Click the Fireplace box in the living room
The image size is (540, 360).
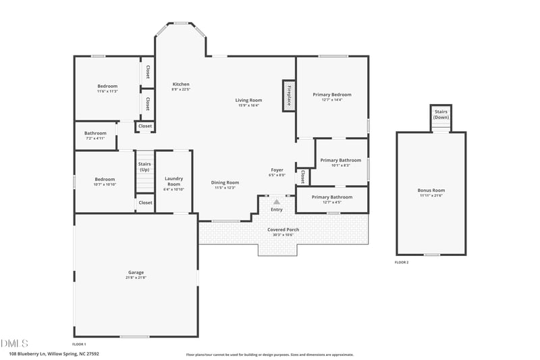288,95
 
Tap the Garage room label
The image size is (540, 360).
136,273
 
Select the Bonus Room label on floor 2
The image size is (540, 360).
431,190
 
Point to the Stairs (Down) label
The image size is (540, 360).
441,114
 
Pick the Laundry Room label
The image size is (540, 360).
174,181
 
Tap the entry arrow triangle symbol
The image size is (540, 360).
276,201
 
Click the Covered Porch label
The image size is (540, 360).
283,230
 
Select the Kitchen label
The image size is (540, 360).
180,84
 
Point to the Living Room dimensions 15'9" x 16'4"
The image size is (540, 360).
248,105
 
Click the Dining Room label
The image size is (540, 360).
225,182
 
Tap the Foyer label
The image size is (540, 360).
277,170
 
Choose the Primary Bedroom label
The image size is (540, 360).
331,95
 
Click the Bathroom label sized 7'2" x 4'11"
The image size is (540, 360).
95,133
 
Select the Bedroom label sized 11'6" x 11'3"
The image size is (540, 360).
107,86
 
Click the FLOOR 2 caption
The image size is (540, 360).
402,262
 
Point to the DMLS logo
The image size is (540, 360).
13,343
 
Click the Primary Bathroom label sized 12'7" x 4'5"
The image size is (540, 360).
331,197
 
